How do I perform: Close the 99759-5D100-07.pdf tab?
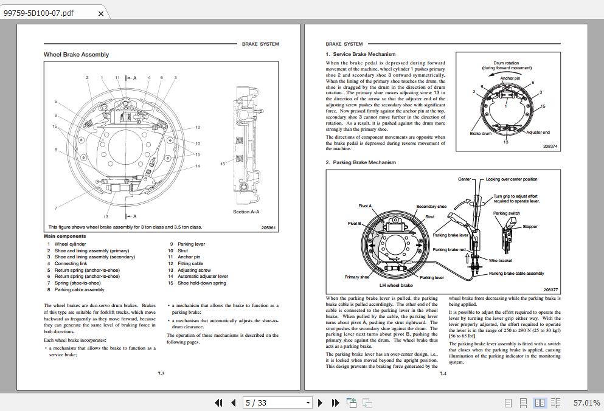pyautogui.click(x=101, y=13)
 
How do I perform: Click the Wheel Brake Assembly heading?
pyautogui.click(x=76, y=55)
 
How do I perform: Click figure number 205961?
pyautogui.click(x=268, y=228)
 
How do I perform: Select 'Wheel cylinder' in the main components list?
pyautogui.click(x=70, y=244)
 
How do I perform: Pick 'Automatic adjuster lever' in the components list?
pyautogui.click(x=203, y=276)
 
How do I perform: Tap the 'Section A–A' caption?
pyautogui.click(x=246, y=212)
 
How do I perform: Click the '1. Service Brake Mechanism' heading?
pyautogui.click(x=360, y=54)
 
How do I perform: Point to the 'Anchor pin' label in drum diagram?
pyautogui.click(x=510, y=78)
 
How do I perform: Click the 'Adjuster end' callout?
pyautogui.click(x=538, y=132)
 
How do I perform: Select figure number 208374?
pyautogui.click(x=550, y=147)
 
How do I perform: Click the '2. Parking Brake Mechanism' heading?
pyautogui.click(x=360, y=162)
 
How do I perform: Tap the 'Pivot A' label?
pyautogui.click(x=364, y=206)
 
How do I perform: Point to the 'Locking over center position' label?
pyautogui.click(x=511, y=179)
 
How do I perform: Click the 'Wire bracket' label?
pyautogui.click(x=500, y=260)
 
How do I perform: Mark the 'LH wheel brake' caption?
pyautogui.click(x=396, y=285)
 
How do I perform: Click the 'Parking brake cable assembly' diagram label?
pyautogui.click(x=516, y=274)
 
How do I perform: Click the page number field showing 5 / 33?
pyautogui.click(x=277, y=402)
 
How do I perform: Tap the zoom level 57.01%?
pyautogui.click(x=586, y=402)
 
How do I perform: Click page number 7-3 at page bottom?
pyautogui.click(x=161, y=373)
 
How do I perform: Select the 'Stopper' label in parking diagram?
pyautogui.click(x=530, y=227)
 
